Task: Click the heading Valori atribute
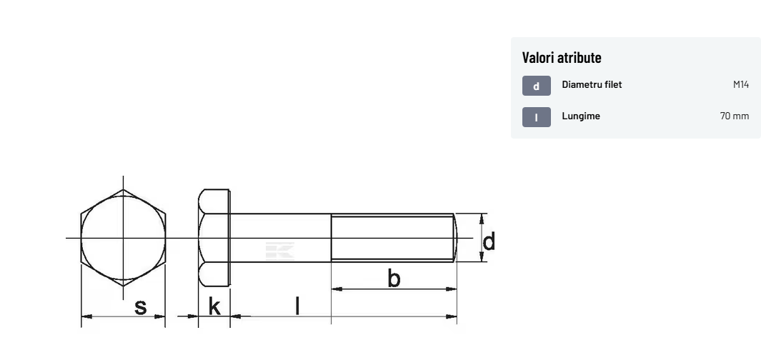click(x=562, y=57)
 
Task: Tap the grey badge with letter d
click(x=537, y=86)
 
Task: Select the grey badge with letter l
click(x=537, y=117)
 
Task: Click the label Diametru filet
click(x=592, y=84)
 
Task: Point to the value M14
click(x=740, y=84)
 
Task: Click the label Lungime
click(x=581, y=116)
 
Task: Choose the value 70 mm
click(x=735, y=116)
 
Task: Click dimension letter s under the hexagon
click(x=140, y=307)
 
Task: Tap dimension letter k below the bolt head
click(x=214, y=306)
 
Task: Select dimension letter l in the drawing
click(x=297, y=306)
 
